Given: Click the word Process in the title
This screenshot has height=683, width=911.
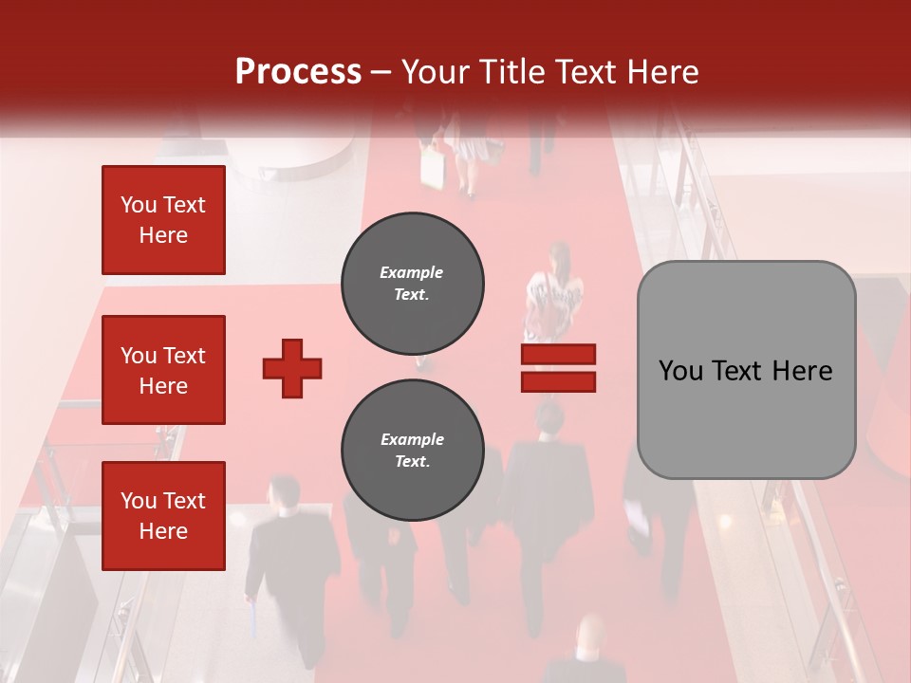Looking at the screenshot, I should click(x=298, y=72).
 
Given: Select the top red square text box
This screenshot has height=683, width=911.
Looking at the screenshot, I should click(x=163, y=220).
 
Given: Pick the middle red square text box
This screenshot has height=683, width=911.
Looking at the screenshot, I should click(x=163, y=370).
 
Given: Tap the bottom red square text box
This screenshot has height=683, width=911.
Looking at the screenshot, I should click(x=163, y=515).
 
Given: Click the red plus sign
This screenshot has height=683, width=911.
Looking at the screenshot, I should click(x=292, y=368).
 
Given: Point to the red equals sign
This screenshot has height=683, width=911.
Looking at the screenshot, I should click(x=558, y=368).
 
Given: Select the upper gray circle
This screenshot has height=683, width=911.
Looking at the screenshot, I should click(x=413, y=283).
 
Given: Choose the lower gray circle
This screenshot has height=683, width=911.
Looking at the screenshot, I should click(x=413, y=450).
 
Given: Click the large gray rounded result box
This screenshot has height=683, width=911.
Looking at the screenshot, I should click(x=746, y=370).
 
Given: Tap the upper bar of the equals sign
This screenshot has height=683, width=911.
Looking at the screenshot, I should click(x=558, y=354).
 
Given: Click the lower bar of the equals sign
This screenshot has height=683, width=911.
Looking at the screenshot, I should click(x=558, y=382).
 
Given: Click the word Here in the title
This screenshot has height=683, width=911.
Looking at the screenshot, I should click(x=661, y=72).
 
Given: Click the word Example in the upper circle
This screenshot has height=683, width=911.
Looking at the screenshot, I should click(x=412, y=272).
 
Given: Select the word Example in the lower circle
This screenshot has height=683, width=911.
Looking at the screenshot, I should click(x=412, y=439).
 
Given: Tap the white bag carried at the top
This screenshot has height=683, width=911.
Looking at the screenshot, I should click(x=434, y=169).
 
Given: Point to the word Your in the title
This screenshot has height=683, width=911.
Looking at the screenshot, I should click(x=437, y=72).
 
